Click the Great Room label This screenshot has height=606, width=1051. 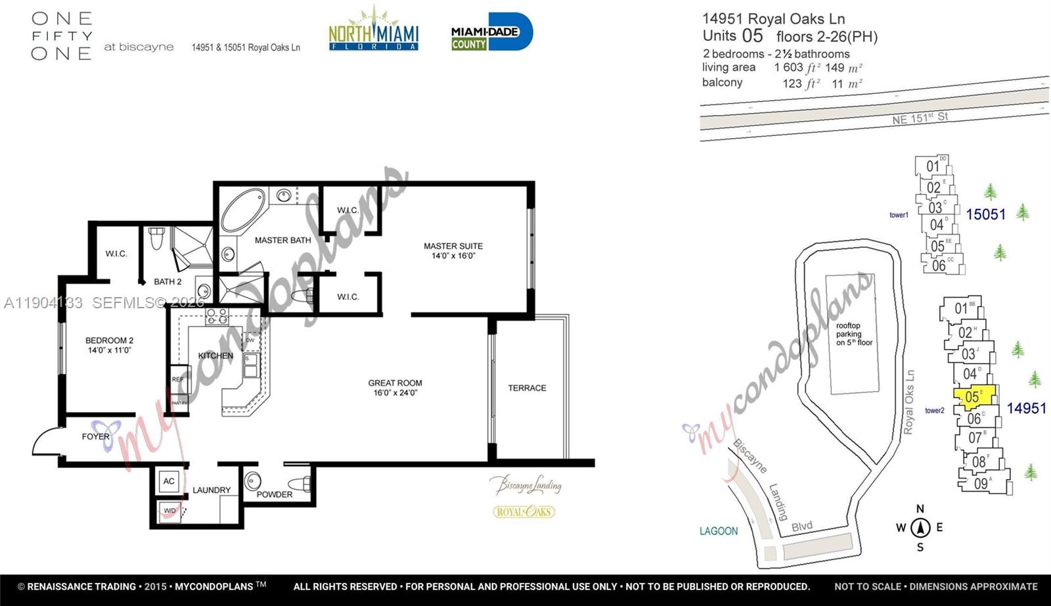[x=395, y=388]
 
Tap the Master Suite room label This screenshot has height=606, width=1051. [x=453, y=250]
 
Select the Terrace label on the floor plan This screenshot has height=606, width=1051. [x=527, y=388]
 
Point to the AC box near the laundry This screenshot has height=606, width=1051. [x=169, y=481]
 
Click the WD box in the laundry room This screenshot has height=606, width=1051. [x=169, y=511]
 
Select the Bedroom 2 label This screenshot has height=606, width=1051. [x=109, y=345]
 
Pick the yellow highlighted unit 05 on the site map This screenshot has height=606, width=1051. [x=974, y=396]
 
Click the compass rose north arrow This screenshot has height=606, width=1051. [x=920, y=526]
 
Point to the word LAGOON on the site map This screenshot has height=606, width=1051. [x=718, y=531]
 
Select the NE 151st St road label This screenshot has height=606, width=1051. [x=920, y=118]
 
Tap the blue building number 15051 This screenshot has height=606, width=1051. [x=985, y=214]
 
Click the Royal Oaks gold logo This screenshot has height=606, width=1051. [x=524, y=511]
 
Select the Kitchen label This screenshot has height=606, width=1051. [x=215, y=356]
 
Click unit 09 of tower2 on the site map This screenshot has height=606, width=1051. [x=981, y=484]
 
